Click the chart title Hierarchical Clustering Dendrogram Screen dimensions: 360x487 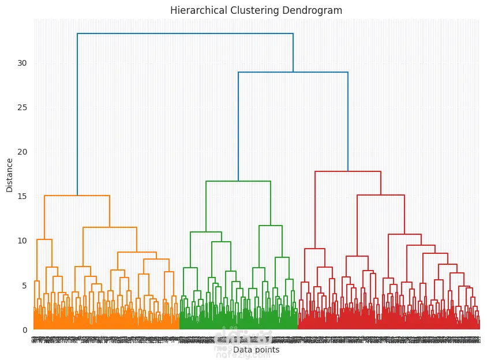256,10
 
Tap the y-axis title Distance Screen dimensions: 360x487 10,176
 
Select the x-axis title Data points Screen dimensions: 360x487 256,350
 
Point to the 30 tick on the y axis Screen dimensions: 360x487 22,63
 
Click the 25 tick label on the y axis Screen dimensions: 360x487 22,107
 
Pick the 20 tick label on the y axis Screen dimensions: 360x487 22,152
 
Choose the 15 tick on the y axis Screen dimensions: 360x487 22,196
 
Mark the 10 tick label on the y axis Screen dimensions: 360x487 22,241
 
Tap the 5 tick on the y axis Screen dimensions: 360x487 24,285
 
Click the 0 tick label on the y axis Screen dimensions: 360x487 24,329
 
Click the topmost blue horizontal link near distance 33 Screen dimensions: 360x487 185,33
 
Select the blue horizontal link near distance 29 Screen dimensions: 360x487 293,72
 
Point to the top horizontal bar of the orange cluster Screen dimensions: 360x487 77,196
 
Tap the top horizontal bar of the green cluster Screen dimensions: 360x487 238,181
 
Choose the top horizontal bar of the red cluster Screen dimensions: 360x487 348,171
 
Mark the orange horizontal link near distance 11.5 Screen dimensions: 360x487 110,227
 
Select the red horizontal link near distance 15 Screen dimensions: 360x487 381,195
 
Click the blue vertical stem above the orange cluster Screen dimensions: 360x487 77,115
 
